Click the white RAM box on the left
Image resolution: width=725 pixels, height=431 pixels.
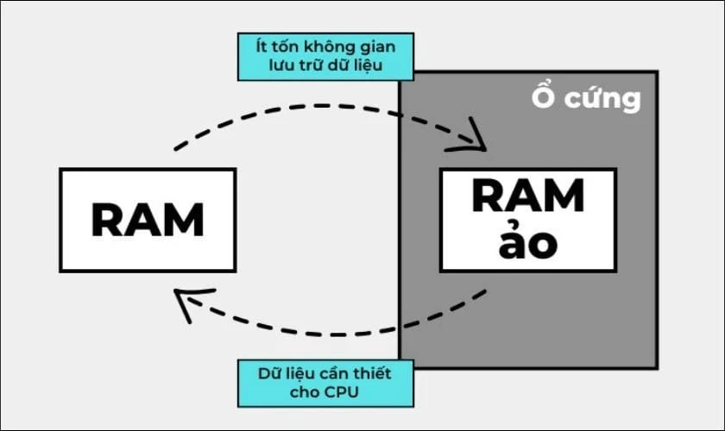coord(148,220)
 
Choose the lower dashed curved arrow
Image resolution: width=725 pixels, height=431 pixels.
coord(337,333)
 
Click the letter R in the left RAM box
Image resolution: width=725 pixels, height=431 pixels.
coord(107,221)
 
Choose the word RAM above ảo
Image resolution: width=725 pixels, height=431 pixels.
coord(527,198)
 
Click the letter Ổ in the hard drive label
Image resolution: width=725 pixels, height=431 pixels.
coord(543,98)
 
